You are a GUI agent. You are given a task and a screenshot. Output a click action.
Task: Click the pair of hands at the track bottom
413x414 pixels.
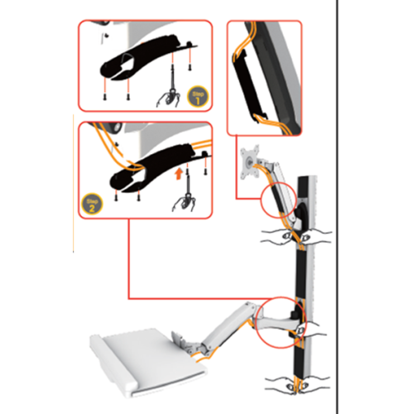click(x=294, y=383)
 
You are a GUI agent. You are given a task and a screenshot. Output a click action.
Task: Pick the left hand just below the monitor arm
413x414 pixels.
click(x=271, y=233)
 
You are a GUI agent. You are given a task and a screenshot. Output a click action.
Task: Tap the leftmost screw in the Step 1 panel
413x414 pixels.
click(x=108, y=95)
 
